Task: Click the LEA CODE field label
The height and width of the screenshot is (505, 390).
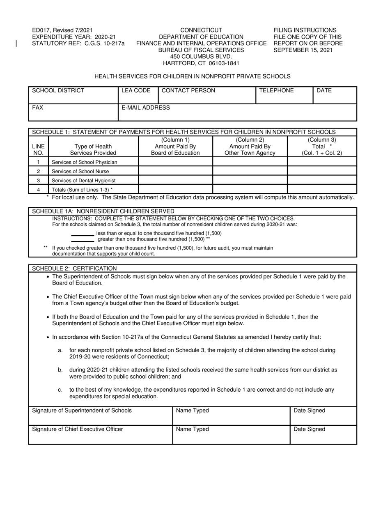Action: pos(136,91)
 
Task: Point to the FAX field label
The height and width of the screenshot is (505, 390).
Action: pos(38,108)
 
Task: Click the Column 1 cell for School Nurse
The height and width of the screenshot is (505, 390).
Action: pos(175,172)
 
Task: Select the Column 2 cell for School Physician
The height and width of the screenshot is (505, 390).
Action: pos(250,162)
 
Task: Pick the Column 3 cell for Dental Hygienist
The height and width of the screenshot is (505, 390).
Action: pos(322,181)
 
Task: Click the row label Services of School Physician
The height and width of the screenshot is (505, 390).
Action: pos(84,162)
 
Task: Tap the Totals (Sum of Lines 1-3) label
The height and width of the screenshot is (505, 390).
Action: pos(82,190)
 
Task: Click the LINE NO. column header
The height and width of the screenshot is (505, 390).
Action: pos(38,150)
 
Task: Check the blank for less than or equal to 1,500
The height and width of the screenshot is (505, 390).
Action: pos(83,235)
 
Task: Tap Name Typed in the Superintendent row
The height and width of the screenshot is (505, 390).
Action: pos(192,411)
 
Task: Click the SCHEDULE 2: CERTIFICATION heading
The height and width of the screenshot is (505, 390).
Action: pos(74,268)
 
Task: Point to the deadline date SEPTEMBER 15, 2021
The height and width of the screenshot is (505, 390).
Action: pos(303,50)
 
